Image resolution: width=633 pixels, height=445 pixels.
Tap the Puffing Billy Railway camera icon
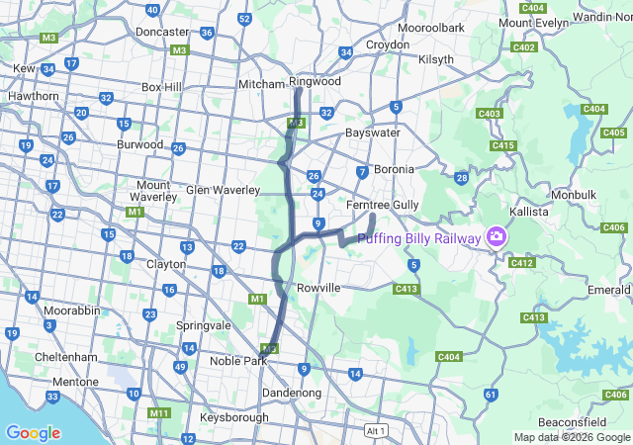pyautogui.click(x=496, y=238)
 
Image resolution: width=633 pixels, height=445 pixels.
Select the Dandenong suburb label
pyautogui.click(x=292, y=393)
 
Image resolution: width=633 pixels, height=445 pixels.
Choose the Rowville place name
pyautogui.click(x=318, y=288)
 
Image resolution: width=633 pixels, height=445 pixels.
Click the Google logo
pyautogui.click(x=33, y=433)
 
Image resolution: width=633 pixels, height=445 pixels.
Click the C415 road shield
pyautogui.click(x=502, y=146)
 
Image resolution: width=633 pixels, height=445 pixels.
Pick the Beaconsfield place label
pyautogui.click(x=573, y=422)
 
